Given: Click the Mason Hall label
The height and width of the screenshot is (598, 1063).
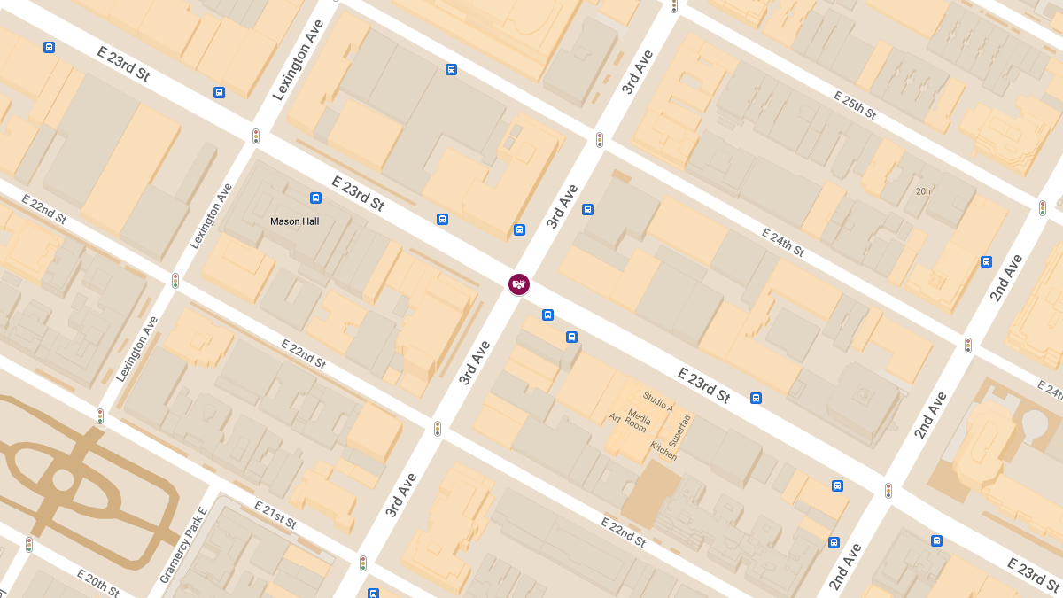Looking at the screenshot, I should click(294, 221).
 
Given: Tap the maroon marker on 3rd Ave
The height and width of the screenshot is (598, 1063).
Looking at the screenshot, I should click(519, 283).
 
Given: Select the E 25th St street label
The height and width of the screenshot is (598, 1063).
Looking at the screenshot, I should click(854, 105).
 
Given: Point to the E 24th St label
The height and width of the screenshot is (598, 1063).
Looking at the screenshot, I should click(782, 242).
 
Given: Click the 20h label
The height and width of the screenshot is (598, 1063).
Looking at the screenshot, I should click(923, 191).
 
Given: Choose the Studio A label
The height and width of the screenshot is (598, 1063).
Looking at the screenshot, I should click(658, 402).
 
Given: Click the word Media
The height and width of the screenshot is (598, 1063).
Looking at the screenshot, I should click(639, 415).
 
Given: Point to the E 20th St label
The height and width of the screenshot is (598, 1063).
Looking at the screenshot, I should click(97, 583).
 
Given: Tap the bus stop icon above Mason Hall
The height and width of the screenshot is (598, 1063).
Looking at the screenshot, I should click(315, 198).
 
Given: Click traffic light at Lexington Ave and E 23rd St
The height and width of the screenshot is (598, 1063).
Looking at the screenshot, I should click(256, 136).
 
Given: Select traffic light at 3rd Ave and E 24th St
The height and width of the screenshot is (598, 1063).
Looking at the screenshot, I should click(600, 140).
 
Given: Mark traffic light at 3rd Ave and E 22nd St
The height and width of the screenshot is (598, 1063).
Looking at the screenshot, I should click(438, 429).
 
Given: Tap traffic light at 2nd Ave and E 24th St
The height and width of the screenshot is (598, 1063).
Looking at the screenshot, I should click(968, 345).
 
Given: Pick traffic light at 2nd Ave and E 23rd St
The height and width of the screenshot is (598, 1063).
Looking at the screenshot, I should click(888, 490).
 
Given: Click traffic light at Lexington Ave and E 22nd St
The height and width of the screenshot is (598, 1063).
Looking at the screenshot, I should click(175, 281).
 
